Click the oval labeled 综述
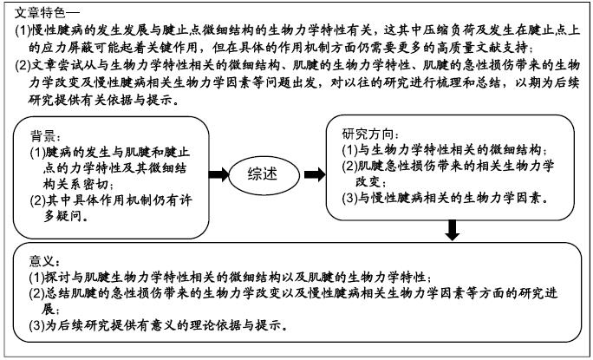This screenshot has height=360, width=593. pos(263,175)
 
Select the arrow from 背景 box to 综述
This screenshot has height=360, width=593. pos(219,174)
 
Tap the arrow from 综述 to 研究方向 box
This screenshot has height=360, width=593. pos(315,174)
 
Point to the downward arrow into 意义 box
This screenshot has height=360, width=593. pos(452,230)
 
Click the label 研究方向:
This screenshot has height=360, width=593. pos(370,134)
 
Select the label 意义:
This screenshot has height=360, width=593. pos(44,261)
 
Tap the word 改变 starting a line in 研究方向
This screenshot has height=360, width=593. pos(368,181)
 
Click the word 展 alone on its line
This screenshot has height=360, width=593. pos(48,310)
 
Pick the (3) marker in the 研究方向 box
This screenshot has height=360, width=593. pos(349,198)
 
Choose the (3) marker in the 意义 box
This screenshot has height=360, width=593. pos(36,325)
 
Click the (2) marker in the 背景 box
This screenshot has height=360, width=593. pos(38,200)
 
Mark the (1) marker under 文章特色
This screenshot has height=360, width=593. pos(23,29)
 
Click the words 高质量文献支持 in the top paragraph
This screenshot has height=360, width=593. pos(482,48)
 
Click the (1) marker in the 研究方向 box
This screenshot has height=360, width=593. pos(349,150)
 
